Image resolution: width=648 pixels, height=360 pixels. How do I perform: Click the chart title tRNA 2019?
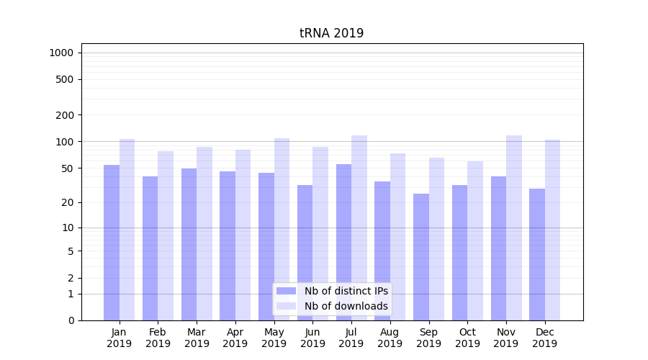coord(331,33)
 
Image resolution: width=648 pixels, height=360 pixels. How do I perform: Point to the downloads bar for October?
coord(475,240)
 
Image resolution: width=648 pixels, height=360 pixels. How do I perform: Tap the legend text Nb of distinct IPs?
coord(346,291)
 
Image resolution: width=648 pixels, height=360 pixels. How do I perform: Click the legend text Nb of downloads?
coord(346,306)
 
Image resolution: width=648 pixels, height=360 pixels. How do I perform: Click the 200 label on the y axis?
coord(65,115)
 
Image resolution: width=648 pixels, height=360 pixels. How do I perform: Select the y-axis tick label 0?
coord(71,320)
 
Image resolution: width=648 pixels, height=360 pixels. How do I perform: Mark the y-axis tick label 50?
coord(68,168)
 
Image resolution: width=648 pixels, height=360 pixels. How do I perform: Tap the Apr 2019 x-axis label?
coord(235,338)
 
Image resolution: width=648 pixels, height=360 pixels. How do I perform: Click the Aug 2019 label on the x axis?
coord(390,338)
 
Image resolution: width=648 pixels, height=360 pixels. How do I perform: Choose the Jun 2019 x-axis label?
coord(312,338)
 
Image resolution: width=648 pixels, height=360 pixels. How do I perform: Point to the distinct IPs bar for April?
coord(228,246)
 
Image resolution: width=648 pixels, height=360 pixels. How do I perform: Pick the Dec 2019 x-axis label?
coord(545,338)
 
